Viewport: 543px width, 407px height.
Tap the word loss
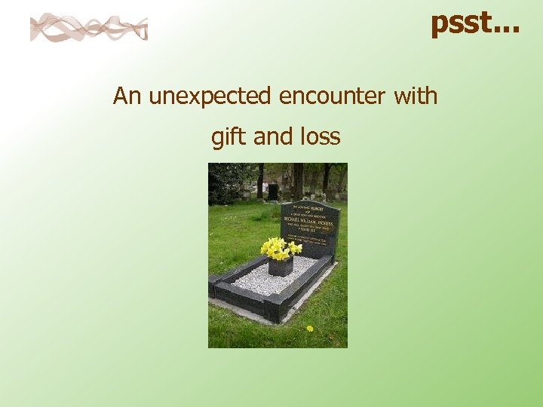(x=320, y=137)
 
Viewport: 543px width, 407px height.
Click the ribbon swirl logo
(x=88, y=27)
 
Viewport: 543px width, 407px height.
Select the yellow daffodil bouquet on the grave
(x=280, y=248)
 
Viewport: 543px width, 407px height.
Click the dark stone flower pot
(x=281, y=266)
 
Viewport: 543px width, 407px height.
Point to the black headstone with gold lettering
(x=310, y=226)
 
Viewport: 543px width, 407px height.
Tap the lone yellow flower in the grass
(x=309, y=328)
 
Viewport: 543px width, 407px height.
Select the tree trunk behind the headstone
(x=299, y=181)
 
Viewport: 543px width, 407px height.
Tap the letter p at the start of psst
(x=439, y=25)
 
